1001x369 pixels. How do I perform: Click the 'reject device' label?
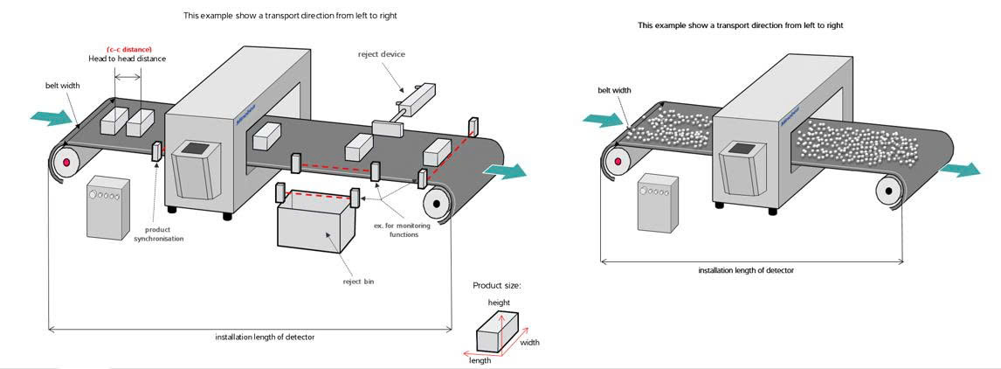click(382, 54)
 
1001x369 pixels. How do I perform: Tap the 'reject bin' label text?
click(358, 282)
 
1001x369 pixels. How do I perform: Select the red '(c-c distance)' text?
click(128, 48)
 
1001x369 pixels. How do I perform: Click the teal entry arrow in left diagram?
click(44, 116)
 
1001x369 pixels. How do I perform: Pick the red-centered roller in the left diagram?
click(65, 163)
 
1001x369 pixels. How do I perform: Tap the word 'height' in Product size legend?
click(500, 302)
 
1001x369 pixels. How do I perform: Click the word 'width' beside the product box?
click(529, 343)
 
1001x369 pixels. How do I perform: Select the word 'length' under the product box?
click(480, 359)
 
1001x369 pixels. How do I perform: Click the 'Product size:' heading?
click(495, 285)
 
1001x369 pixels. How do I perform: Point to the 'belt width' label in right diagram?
click(614, 90)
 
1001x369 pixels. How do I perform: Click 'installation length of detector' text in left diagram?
click(265, 338)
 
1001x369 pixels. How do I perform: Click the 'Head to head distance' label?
click(127, 59)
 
